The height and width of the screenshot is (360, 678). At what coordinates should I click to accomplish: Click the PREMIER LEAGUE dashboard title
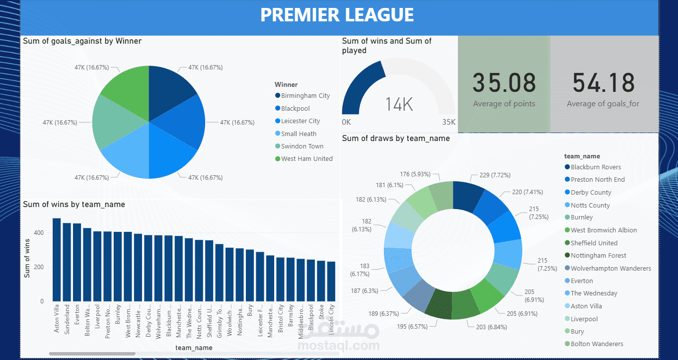pos(337,15)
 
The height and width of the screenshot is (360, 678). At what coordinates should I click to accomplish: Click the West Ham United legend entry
pos(306,159)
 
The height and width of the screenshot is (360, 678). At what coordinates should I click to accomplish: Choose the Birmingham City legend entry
pos(305,96)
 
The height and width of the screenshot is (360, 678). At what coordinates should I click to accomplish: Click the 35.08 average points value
pos(504,83)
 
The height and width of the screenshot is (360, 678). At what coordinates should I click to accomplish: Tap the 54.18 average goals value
pos(603,83)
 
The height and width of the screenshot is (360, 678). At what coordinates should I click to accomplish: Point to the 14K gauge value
pos(399,104)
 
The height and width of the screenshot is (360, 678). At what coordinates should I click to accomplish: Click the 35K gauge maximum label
pos(449,122)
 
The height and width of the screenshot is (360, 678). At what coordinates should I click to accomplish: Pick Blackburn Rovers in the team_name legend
pos(596,167)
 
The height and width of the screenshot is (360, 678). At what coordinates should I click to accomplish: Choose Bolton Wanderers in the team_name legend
pos(597,344)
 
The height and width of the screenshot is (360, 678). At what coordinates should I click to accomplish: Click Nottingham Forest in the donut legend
pos(598,256)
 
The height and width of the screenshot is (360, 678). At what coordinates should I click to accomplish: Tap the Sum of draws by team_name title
pos(395,139)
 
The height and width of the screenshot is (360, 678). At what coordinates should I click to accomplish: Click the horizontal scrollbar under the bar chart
pos(92,354)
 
